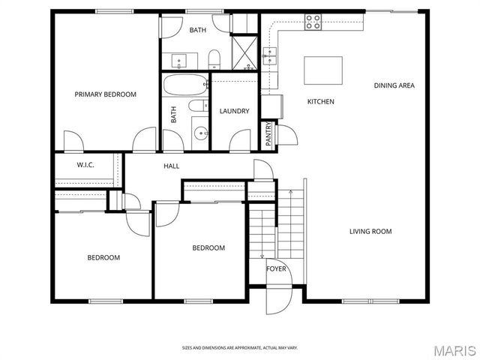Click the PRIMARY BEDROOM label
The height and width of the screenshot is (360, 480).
coord(105,94)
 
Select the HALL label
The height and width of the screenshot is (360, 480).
coord(171,166)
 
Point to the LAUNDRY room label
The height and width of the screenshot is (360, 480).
coord(234,112)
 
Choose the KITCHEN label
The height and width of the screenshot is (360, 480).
coord(320,102)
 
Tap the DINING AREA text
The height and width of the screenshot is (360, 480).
coord(394,85)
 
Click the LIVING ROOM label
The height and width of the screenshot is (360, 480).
coord(370,232)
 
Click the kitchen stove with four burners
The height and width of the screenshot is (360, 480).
coord(313,22)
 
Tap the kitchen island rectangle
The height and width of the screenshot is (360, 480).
coord(322,70)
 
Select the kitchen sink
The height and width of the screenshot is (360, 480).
coord(270,54)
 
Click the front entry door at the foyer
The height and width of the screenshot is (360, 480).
coord(277,300)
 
